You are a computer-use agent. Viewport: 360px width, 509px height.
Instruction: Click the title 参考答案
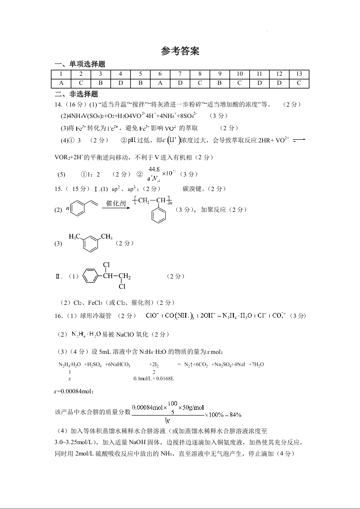click(x=180, y=51)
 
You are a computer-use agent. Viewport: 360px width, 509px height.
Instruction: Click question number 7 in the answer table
click(x=180, y=74)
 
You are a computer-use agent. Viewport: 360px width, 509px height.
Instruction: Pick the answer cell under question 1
click(x=61, y=83)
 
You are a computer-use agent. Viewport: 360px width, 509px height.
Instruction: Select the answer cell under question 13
click(x=299, y=83)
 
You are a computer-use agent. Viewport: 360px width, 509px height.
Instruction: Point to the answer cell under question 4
click(x=120, y=83)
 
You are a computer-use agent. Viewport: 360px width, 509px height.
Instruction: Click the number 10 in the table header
click(x=240, y=74)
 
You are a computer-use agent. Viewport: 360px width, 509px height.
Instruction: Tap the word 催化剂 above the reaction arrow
click(x=116, y=203)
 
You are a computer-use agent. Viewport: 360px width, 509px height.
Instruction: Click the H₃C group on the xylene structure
click(x=75, y=236)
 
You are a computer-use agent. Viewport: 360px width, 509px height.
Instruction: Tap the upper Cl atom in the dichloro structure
click(x=107, y=265)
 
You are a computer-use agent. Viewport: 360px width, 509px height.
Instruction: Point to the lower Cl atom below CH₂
click(x=122, y=287)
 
